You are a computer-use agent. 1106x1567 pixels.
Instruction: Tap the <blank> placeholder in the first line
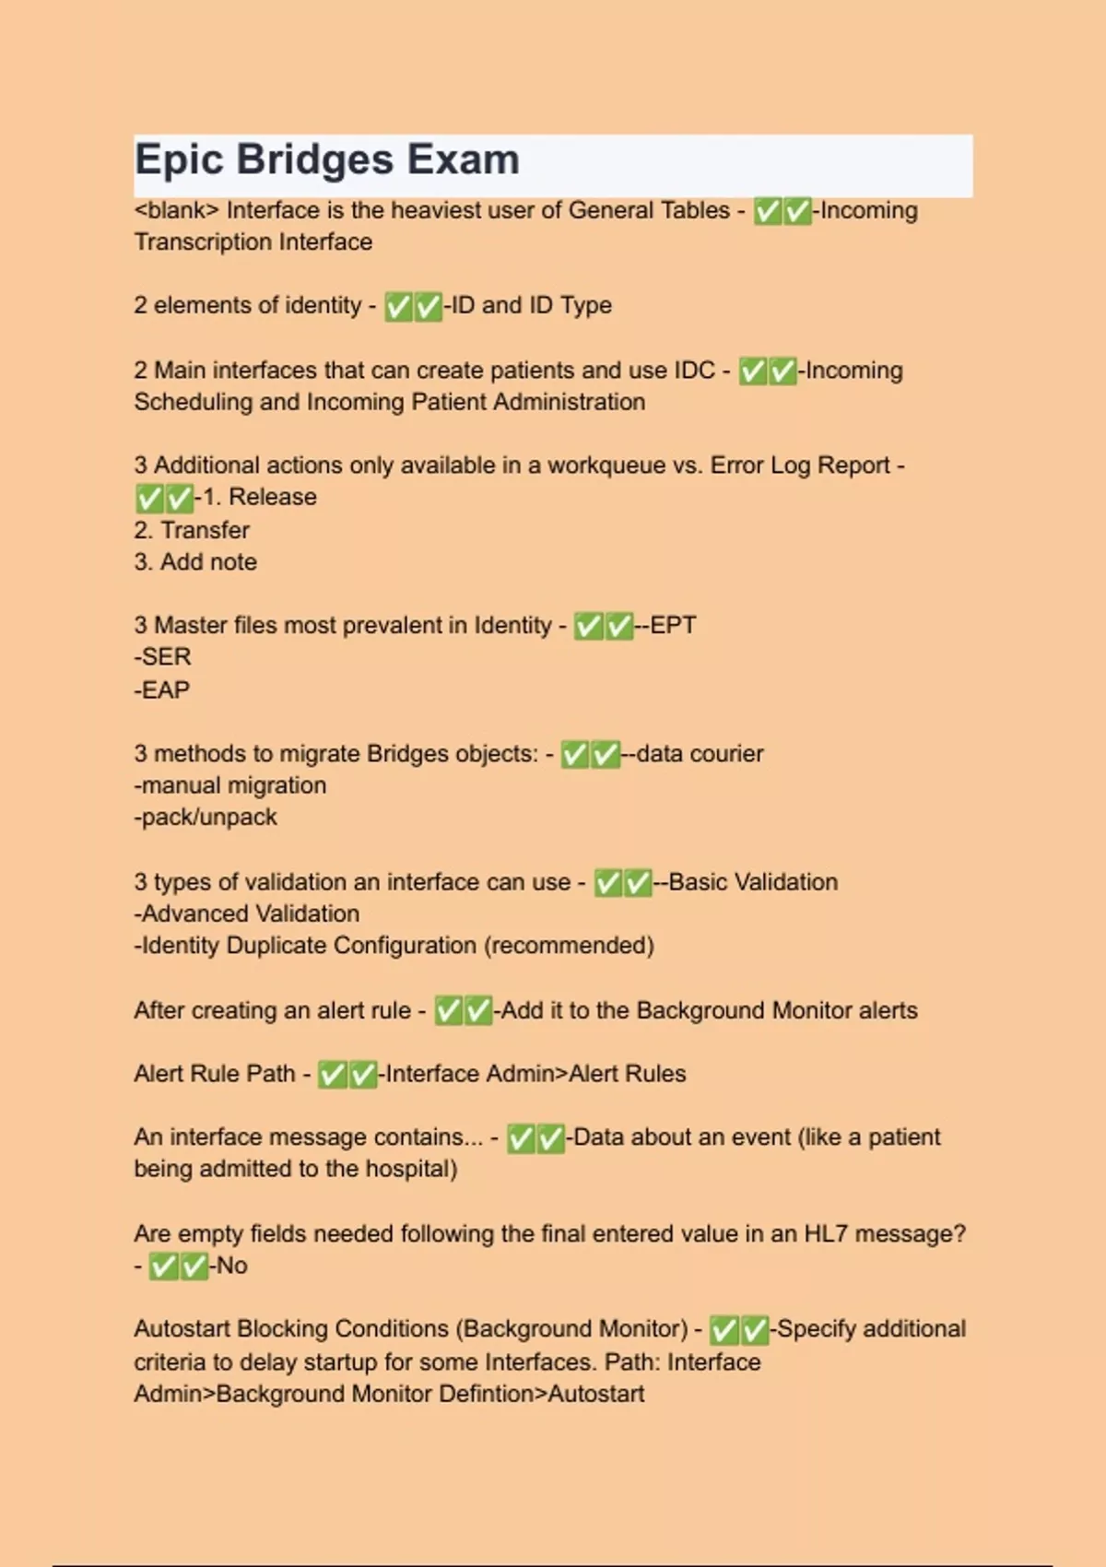click(x=176, y=210)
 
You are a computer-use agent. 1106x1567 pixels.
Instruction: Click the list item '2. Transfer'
click(x=192, y=530)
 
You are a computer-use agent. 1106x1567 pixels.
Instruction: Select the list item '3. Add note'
click(x=195, y=561)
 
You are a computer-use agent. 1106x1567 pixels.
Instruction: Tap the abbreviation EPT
click(x=673, y=625)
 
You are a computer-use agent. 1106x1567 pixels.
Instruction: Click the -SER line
click(x=163, y=657)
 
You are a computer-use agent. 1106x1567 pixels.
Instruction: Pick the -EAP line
click(x=162, y=689)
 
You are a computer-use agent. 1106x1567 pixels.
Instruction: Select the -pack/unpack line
click(x=206, y=817)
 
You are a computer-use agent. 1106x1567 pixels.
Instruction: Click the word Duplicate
click(x=276, y=945)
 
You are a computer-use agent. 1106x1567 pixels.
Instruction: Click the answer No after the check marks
click(x=231, y=1266)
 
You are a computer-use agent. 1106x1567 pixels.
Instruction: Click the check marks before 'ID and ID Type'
click(x=413, y=306)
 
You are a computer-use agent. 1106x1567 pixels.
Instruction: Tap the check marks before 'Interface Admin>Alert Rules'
click(x=347, y=1075)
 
